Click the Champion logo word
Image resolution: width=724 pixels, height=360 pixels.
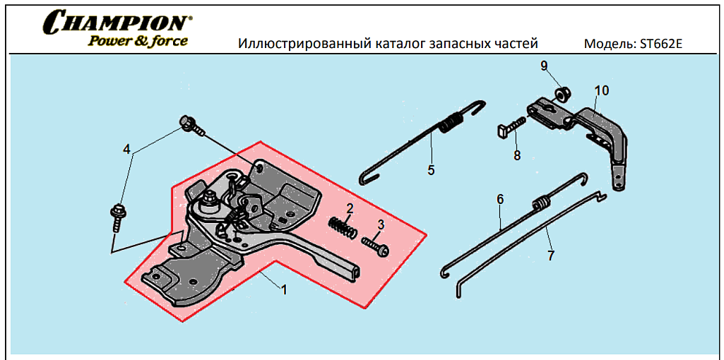(117, 22)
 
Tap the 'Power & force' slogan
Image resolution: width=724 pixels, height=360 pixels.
(138, 41)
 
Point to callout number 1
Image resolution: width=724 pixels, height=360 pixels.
(284, 289)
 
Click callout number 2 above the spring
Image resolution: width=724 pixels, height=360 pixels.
(349, 208)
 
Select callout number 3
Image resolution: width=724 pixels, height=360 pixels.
(381, 224)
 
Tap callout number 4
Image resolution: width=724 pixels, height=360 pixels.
(126, 149)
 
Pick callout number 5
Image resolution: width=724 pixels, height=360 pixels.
(431, 170)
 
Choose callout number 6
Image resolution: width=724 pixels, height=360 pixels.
(500, 200)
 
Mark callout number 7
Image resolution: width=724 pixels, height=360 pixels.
(551, 256)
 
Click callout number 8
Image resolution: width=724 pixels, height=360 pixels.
(517, 155)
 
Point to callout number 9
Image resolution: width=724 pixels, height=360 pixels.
(544, 66)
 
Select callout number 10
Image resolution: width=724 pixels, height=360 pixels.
(602, 90)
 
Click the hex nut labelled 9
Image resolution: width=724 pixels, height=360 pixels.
(563, 94)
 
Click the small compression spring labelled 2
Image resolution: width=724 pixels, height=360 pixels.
(340, 227)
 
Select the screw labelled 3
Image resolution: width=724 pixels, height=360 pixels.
(375, 246)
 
